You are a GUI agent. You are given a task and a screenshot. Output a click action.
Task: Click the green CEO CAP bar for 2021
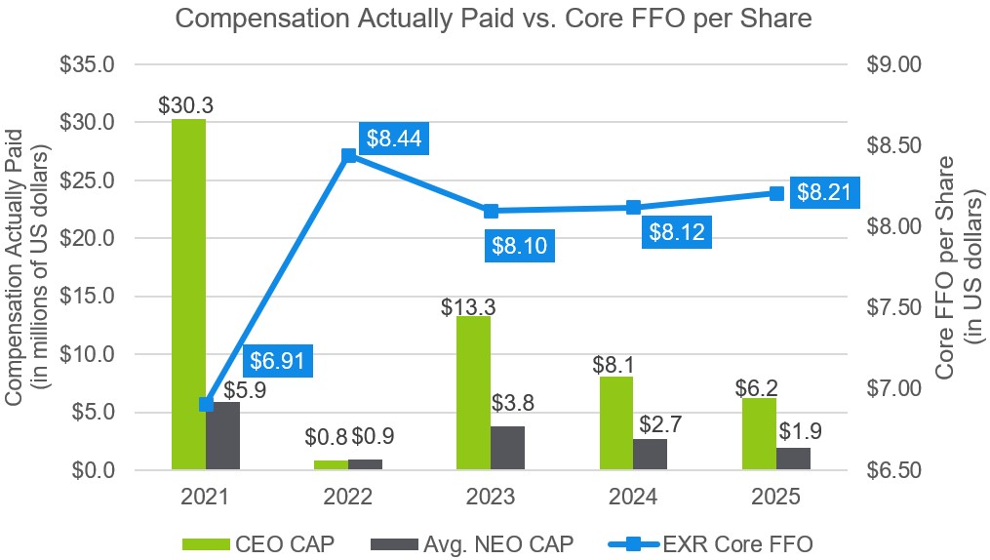pyautogui.click(x=188, y=293)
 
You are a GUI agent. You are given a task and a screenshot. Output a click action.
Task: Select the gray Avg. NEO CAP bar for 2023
pyautogui.click(x=507, y=448)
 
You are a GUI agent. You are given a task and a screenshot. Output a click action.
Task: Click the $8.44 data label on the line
pyautogui.click(x=395, y=140)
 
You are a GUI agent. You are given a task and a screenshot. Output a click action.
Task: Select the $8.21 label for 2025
pyautogui.click(x=824, y=193)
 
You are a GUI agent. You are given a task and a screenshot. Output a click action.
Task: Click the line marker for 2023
pyautogui.click(x=491, y=211)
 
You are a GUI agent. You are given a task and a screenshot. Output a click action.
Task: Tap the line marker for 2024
pyautogui.click(x=633, y=207)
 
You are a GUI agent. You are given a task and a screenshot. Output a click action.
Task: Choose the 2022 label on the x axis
pyautogui.click(x=348, y=496)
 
